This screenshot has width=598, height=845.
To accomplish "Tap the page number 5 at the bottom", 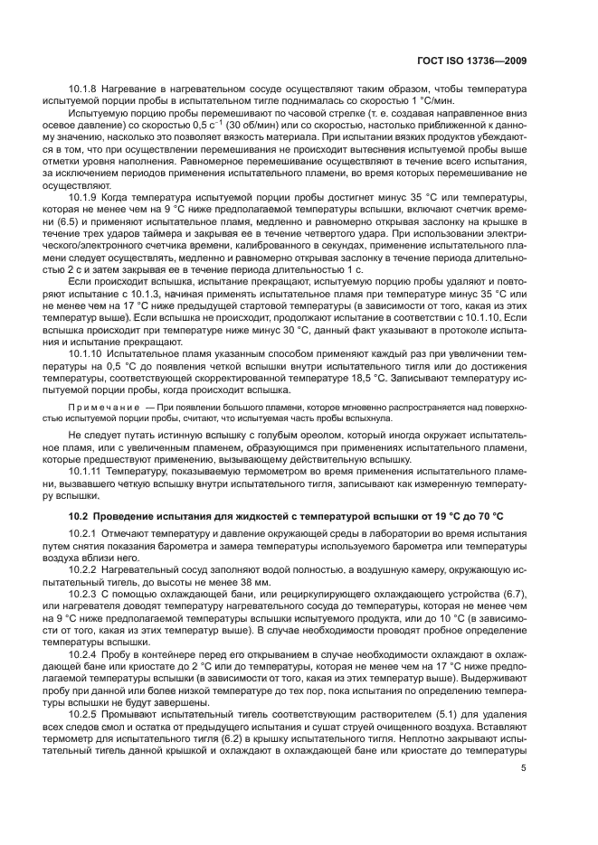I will pos(525,793).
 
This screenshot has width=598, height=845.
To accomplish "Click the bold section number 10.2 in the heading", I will pos(80,515).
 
